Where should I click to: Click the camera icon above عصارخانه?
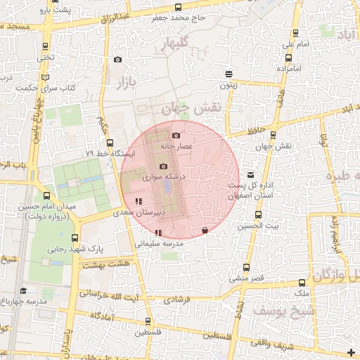(176, 135)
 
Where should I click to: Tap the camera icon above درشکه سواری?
(163, 167)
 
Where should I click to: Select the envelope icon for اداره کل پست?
(251, 174)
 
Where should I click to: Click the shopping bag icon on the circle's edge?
(205, 230)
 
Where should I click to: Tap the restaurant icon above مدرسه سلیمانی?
(158, 233)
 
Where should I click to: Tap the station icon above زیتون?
(228, 74)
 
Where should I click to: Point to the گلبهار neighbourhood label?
(176, 45)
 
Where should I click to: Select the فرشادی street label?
(176, 299)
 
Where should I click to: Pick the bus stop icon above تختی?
(46, 46)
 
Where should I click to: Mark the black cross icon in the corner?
(351, 351)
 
